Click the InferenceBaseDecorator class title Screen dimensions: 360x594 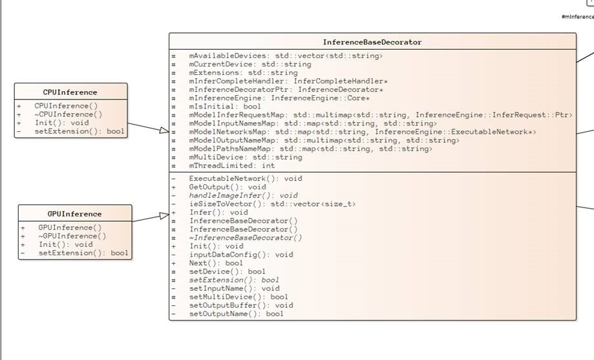pyautogui.click(x=372, y=42)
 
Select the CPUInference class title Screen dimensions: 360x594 pyautogui.click(x=70, y=92)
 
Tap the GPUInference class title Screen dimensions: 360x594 pyautogui.click(x=74, y=214)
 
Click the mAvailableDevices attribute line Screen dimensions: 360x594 pyautogui.click(x=286, y=56)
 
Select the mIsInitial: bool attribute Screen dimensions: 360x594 pyautogui.click(x=225, y=107)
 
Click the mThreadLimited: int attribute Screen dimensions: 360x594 pyautogui.click(x=232, y=165)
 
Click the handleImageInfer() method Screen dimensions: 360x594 pyautogui.click(x=243, y=195)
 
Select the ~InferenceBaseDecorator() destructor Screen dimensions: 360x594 pyautogui.click(x=246, y=237)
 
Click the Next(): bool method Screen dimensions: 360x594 pyautogui.click(x=216, y=263)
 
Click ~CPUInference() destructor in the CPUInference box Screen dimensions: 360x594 pyautogui.click(x=69, y=114)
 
